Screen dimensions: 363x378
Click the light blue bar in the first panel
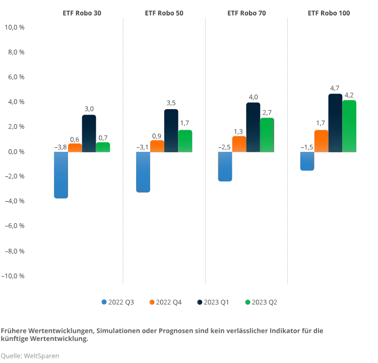[x=60, y=175]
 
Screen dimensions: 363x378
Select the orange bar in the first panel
[x=75, y=148]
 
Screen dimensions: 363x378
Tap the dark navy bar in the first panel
[x=89, y=133]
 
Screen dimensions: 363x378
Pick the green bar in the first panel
[x=103, y=147]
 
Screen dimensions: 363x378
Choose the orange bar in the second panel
[x=157, y=146]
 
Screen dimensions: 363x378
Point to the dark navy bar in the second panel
[x=171, y=131]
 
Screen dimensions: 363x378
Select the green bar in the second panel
[x=185, y=141]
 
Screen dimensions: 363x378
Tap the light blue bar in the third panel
[x=225, y=166]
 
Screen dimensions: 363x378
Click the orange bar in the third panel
[x=239, y=144]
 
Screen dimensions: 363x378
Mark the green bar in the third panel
[x=267, y=135]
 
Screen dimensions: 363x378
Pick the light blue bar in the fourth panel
[x=306, y=161]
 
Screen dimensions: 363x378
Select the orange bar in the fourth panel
[x=321, y=141]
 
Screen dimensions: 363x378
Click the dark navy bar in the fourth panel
[x=335, y=123]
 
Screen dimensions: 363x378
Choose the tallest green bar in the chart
[x=349, y=126]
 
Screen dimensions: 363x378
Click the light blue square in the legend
[x=105, y=302]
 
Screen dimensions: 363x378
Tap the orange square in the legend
[x=153, y=302]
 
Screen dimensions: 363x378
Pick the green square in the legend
[x=246, y=302]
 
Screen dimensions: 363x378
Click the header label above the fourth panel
[x=329, y=12]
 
